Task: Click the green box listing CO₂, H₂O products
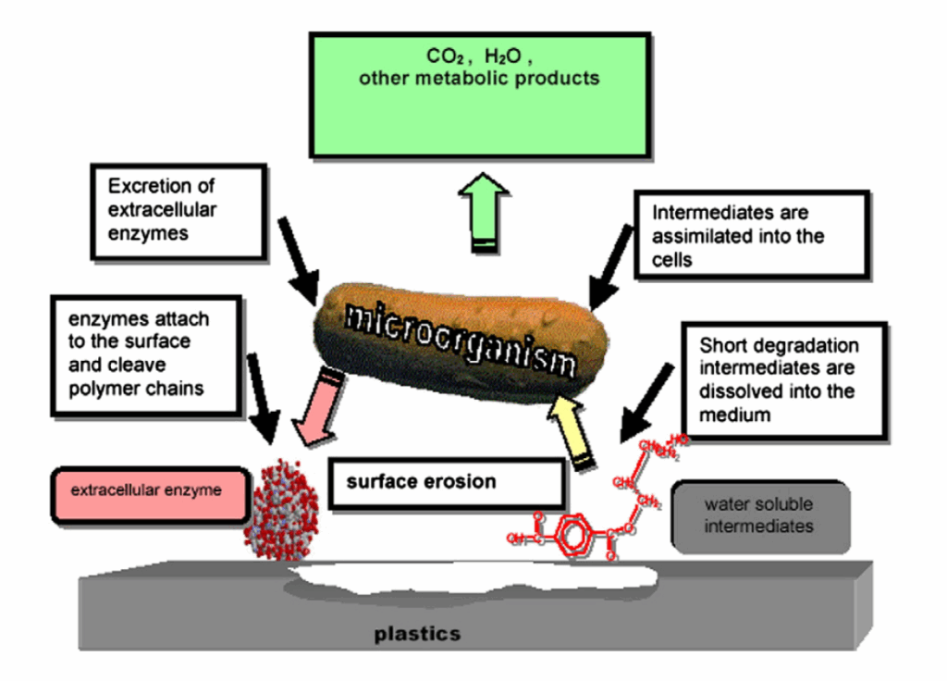(479, 94)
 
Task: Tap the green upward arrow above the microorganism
(484, 212)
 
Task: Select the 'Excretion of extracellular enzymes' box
(178, 211)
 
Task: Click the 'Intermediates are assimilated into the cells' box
(751, 235)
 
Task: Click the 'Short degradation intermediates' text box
(782, 379)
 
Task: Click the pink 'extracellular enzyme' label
(148, 492)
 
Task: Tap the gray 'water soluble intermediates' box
(759, 516)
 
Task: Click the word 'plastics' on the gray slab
(417, 634)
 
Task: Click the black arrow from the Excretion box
(298, 249)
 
